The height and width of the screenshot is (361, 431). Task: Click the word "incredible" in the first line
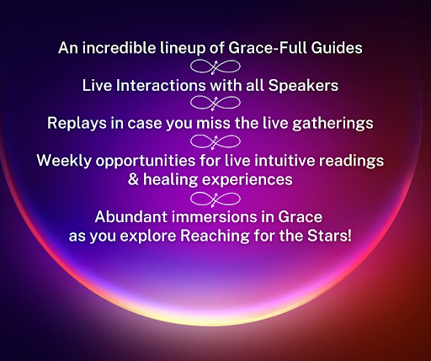120,47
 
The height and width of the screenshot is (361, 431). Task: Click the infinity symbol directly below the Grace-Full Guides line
215,67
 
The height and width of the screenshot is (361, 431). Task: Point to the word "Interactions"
161,85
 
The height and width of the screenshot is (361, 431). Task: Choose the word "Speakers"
303,86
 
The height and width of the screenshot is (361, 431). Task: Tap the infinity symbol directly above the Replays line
215,103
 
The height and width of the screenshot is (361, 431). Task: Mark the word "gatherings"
333,124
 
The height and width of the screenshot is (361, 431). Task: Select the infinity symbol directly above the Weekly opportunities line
215,141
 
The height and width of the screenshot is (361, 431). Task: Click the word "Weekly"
64,162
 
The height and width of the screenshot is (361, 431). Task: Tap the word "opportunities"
146,162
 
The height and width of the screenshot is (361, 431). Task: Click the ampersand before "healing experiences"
133,179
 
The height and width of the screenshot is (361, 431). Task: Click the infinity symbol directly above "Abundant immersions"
215,199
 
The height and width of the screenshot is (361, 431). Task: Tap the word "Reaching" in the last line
215,236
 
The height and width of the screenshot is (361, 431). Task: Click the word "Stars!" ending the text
329,236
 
